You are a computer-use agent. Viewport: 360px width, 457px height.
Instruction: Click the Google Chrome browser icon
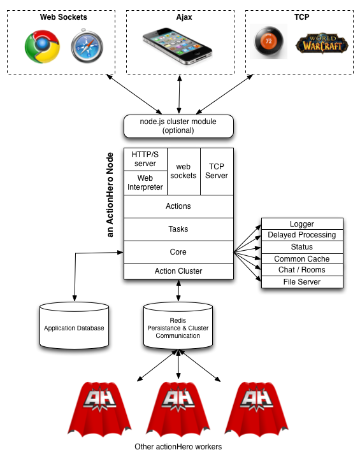(42, 46)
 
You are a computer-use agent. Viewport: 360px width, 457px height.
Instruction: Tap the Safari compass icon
(87, 46)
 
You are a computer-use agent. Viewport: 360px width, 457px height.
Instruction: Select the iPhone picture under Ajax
(177, 46)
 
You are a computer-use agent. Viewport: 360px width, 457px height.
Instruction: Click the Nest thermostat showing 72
(269, 41)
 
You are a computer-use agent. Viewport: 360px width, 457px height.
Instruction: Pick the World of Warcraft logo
(322, 43)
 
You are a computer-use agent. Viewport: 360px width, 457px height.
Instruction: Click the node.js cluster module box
(178, 126)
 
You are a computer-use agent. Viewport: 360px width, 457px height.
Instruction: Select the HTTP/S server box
(145, 159)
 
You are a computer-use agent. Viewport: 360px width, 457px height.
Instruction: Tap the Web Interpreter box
(145, 183)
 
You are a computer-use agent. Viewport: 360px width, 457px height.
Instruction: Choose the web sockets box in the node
(184, 171)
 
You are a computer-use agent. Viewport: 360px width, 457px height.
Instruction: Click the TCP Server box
(217, 171)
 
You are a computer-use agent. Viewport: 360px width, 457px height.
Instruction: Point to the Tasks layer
(178, 229)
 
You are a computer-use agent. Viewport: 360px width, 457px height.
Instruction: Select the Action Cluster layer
(178, 271)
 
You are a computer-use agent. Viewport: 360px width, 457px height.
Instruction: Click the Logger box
(302, 223)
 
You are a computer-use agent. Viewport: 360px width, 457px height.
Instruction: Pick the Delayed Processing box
(302, 235)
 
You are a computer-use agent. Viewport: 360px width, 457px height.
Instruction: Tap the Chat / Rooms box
(302, 270)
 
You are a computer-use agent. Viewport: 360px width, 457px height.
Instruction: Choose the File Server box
(302, 282)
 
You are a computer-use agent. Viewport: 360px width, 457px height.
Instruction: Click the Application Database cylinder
(74, 325)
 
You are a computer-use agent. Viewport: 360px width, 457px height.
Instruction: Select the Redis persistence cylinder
(178, 325)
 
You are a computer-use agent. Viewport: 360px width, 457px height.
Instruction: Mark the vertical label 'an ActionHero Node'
(110, 195)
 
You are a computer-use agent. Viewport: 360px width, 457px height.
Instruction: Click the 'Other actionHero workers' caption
(178, 447)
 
